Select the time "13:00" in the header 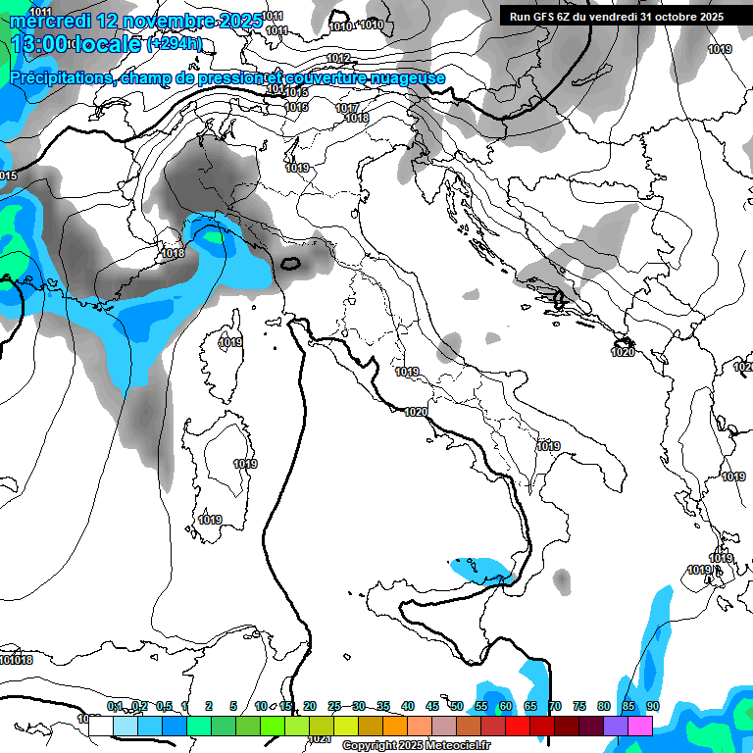tap(41, 44)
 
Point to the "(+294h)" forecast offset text tap(175, 44)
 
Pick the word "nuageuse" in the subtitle tap(403, 78)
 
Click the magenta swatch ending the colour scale tap(640, 726)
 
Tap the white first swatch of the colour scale tap(100, 726)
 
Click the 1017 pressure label tap(346, 108)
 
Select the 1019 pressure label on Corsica tap(231, 343)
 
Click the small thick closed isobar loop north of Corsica tap(290, 263)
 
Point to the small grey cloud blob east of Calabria tap(561, 581)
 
